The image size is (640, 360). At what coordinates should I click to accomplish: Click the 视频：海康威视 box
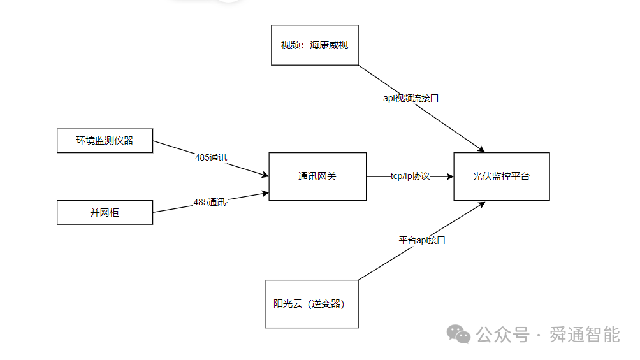314,45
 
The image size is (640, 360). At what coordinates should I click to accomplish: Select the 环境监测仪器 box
105,141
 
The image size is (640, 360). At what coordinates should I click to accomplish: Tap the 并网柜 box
105,213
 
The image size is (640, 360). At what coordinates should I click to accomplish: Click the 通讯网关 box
317,176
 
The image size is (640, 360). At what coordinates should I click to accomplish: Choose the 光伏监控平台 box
501,176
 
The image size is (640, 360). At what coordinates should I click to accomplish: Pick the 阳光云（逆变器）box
312,304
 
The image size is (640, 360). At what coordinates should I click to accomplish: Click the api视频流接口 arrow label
411,98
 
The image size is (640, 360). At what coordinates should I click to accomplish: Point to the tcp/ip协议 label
410,176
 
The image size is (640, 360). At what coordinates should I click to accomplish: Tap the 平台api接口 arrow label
422,240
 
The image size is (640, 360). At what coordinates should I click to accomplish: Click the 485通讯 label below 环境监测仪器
211,157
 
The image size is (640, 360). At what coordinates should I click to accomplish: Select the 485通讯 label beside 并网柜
210,202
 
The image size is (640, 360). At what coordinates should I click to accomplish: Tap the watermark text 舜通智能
585,334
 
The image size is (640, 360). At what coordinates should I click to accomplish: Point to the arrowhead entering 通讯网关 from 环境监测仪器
264,175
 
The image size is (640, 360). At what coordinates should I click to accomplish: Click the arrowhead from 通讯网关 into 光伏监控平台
449,176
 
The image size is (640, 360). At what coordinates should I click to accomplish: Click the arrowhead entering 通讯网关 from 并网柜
264,193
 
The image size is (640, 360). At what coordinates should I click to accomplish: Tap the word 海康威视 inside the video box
329,45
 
